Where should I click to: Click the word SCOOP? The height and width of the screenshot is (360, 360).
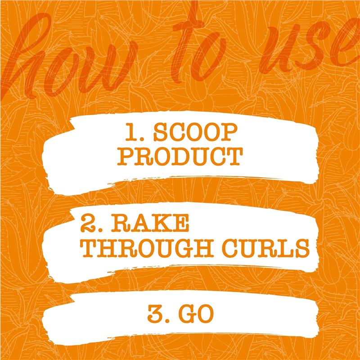195,132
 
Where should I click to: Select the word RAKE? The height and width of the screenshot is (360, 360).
150,223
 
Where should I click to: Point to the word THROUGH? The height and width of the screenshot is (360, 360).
147,248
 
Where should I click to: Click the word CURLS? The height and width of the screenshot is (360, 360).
265,248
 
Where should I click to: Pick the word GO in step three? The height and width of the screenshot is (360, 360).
196,314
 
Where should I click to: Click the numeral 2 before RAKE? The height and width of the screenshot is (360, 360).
88,223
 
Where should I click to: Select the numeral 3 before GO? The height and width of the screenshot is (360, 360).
155,314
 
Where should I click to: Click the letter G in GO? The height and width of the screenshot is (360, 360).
187,314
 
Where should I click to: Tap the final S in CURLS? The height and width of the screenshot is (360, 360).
302,248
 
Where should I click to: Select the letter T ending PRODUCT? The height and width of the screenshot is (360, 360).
234,156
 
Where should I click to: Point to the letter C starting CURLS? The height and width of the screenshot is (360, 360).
230,248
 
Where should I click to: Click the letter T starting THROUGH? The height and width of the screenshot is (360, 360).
88,248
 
